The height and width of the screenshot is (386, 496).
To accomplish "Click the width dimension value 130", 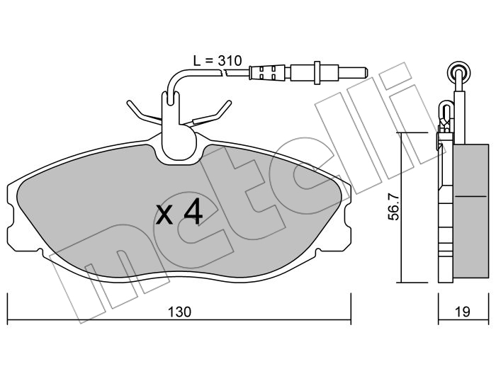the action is [x=179, y=312].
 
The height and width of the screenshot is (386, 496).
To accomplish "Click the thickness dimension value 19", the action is [x=463, y=312].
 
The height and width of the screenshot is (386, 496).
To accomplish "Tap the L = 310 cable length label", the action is [x=218, y=60].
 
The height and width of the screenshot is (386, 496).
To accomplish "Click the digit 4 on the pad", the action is [x=193, y=211].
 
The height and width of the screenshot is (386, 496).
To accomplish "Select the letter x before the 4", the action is [x=164, y=215].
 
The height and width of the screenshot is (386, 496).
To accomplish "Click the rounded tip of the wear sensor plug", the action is [x=365, y=73].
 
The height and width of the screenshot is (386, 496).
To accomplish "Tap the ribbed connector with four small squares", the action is [x=266, y=73].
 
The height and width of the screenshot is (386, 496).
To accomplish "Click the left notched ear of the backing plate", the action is [x=11, y=216].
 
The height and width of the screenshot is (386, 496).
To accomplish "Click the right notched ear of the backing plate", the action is [x=346, y=216].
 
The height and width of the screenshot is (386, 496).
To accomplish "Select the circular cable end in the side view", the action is [x=459, y=74].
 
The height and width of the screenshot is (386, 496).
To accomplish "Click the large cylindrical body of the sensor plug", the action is [x=315, y=73].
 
